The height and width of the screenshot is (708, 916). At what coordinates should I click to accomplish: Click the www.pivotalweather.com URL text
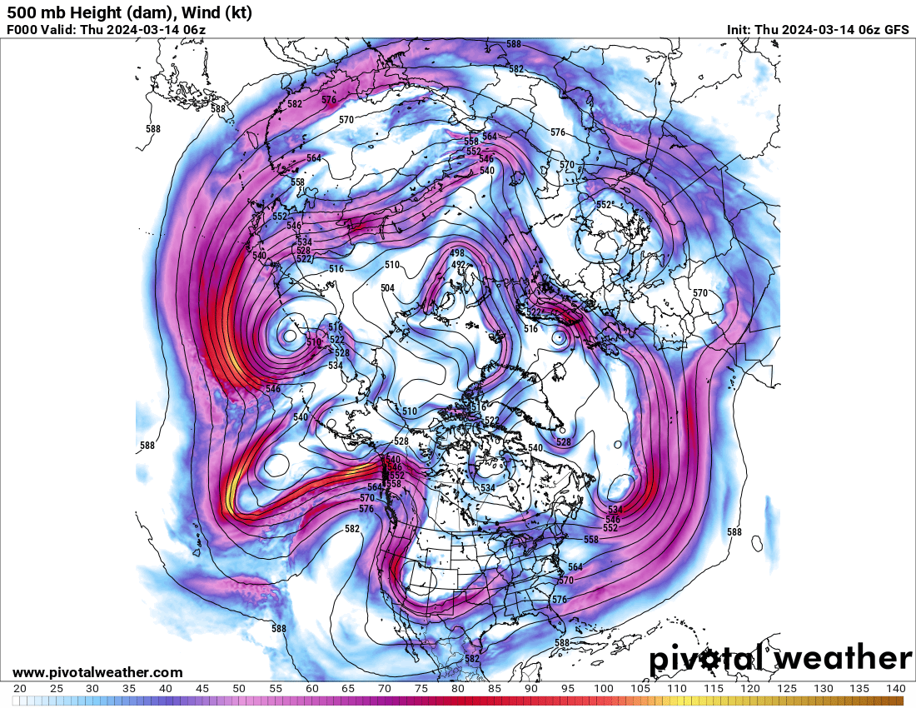pos(97,672)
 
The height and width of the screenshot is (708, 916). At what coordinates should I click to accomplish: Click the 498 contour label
pos(457,253)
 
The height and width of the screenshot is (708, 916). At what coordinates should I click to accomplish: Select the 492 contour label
pos(457,264)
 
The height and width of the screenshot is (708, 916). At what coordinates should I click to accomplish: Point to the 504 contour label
pos(387,288)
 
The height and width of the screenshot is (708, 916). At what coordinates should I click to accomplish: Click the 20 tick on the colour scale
pos(20,689)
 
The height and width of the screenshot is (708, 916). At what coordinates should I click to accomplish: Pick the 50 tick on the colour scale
pos(239,689)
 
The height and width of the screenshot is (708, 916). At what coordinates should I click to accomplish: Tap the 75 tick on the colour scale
pos(421,689)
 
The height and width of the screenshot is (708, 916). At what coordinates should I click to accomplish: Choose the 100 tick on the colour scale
pos(604,689)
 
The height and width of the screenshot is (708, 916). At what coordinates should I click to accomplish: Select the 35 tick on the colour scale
pos(129,689)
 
